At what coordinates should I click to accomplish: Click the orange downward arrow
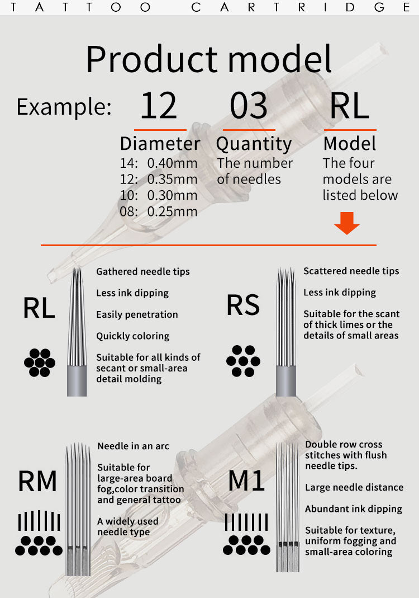tap(347, 223)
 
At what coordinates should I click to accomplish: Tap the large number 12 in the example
tap(159, 106)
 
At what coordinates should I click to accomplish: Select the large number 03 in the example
tap(249, 106)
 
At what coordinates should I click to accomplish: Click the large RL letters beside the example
tap(350, 106)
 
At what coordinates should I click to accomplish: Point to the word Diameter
tap(160, 144)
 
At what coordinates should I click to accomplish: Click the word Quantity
tap(254, 144)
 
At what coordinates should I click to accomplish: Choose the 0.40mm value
tap(172, 163)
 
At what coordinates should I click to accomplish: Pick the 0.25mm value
tap(172, 211)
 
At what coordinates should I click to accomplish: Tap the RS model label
tap(243, 305)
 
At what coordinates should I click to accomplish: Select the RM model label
tap(37, 481)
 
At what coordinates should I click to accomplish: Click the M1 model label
tap(246, 481)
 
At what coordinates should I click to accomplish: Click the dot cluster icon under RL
tap(40, 362)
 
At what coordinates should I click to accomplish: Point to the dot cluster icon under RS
tap(243, 361)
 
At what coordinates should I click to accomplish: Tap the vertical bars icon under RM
tap(37, 521)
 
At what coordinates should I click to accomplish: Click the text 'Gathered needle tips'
tap(143, 271)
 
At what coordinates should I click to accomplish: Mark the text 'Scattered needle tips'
tap(351, 271)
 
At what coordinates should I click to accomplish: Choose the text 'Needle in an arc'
tap(133, 446)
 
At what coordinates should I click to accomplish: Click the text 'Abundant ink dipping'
tap(354, 509)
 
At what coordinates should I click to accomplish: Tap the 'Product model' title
tap(209, 58)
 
